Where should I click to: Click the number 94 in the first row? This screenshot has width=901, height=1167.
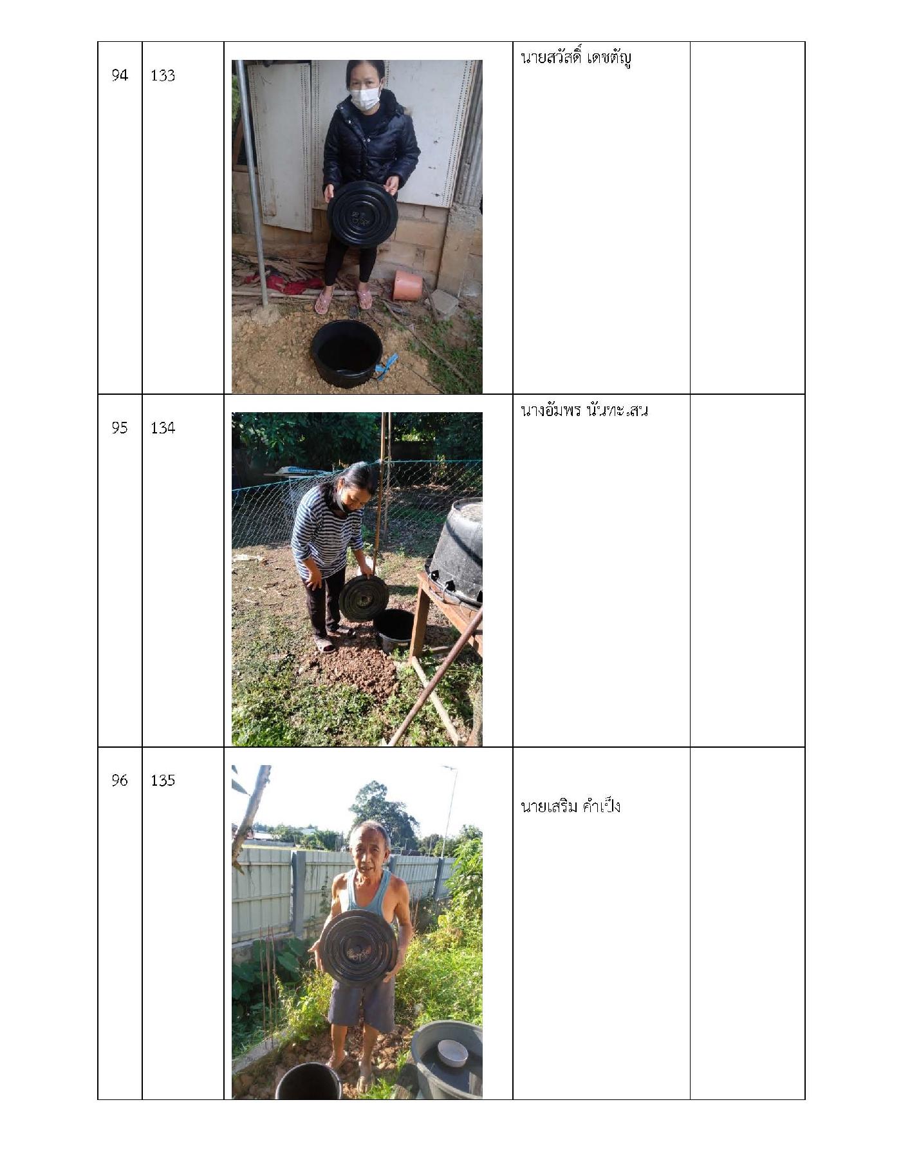120,75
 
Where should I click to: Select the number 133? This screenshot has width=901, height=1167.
163,75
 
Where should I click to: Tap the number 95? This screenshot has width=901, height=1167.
120,428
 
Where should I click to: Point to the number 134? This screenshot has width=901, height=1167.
163,428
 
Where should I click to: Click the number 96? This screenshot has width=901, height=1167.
120,780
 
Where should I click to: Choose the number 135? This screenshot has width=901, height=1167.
163,780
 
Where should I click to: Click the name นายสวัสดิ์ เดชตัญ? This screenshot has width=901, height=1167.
576,59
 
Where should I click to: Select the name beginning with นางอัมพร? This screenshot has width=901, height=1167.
584,410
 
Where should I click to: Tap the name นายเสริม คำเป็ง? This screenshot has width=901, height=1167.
570,806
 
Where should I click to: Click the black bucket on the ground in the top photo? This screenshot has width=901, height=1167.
346,353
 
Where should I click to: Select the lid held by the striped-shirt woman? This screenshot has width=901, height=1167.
364,598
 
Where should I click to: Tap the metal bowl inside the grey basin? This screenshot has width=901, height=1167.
453,1054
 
